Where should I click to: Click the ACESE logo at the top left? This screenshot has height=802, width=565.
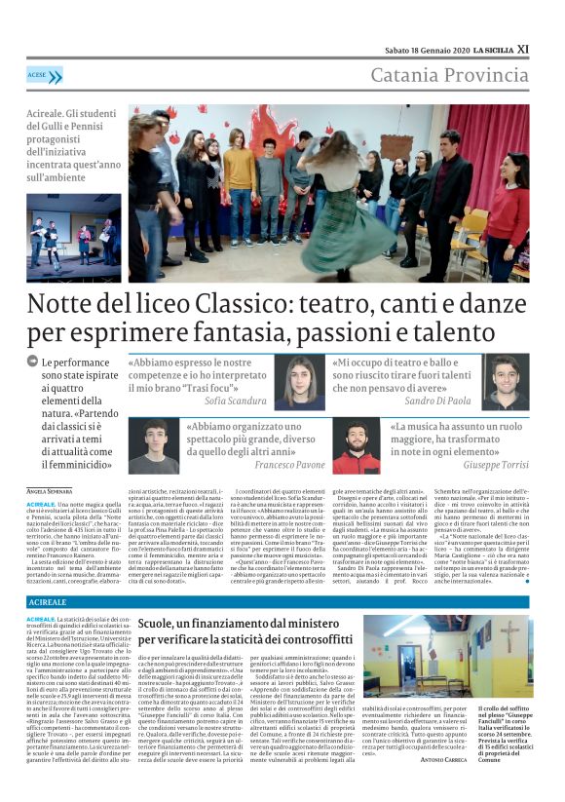[44, 74]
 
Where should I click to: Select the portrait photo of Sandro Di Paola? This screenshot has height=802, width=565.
[505, 382]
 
